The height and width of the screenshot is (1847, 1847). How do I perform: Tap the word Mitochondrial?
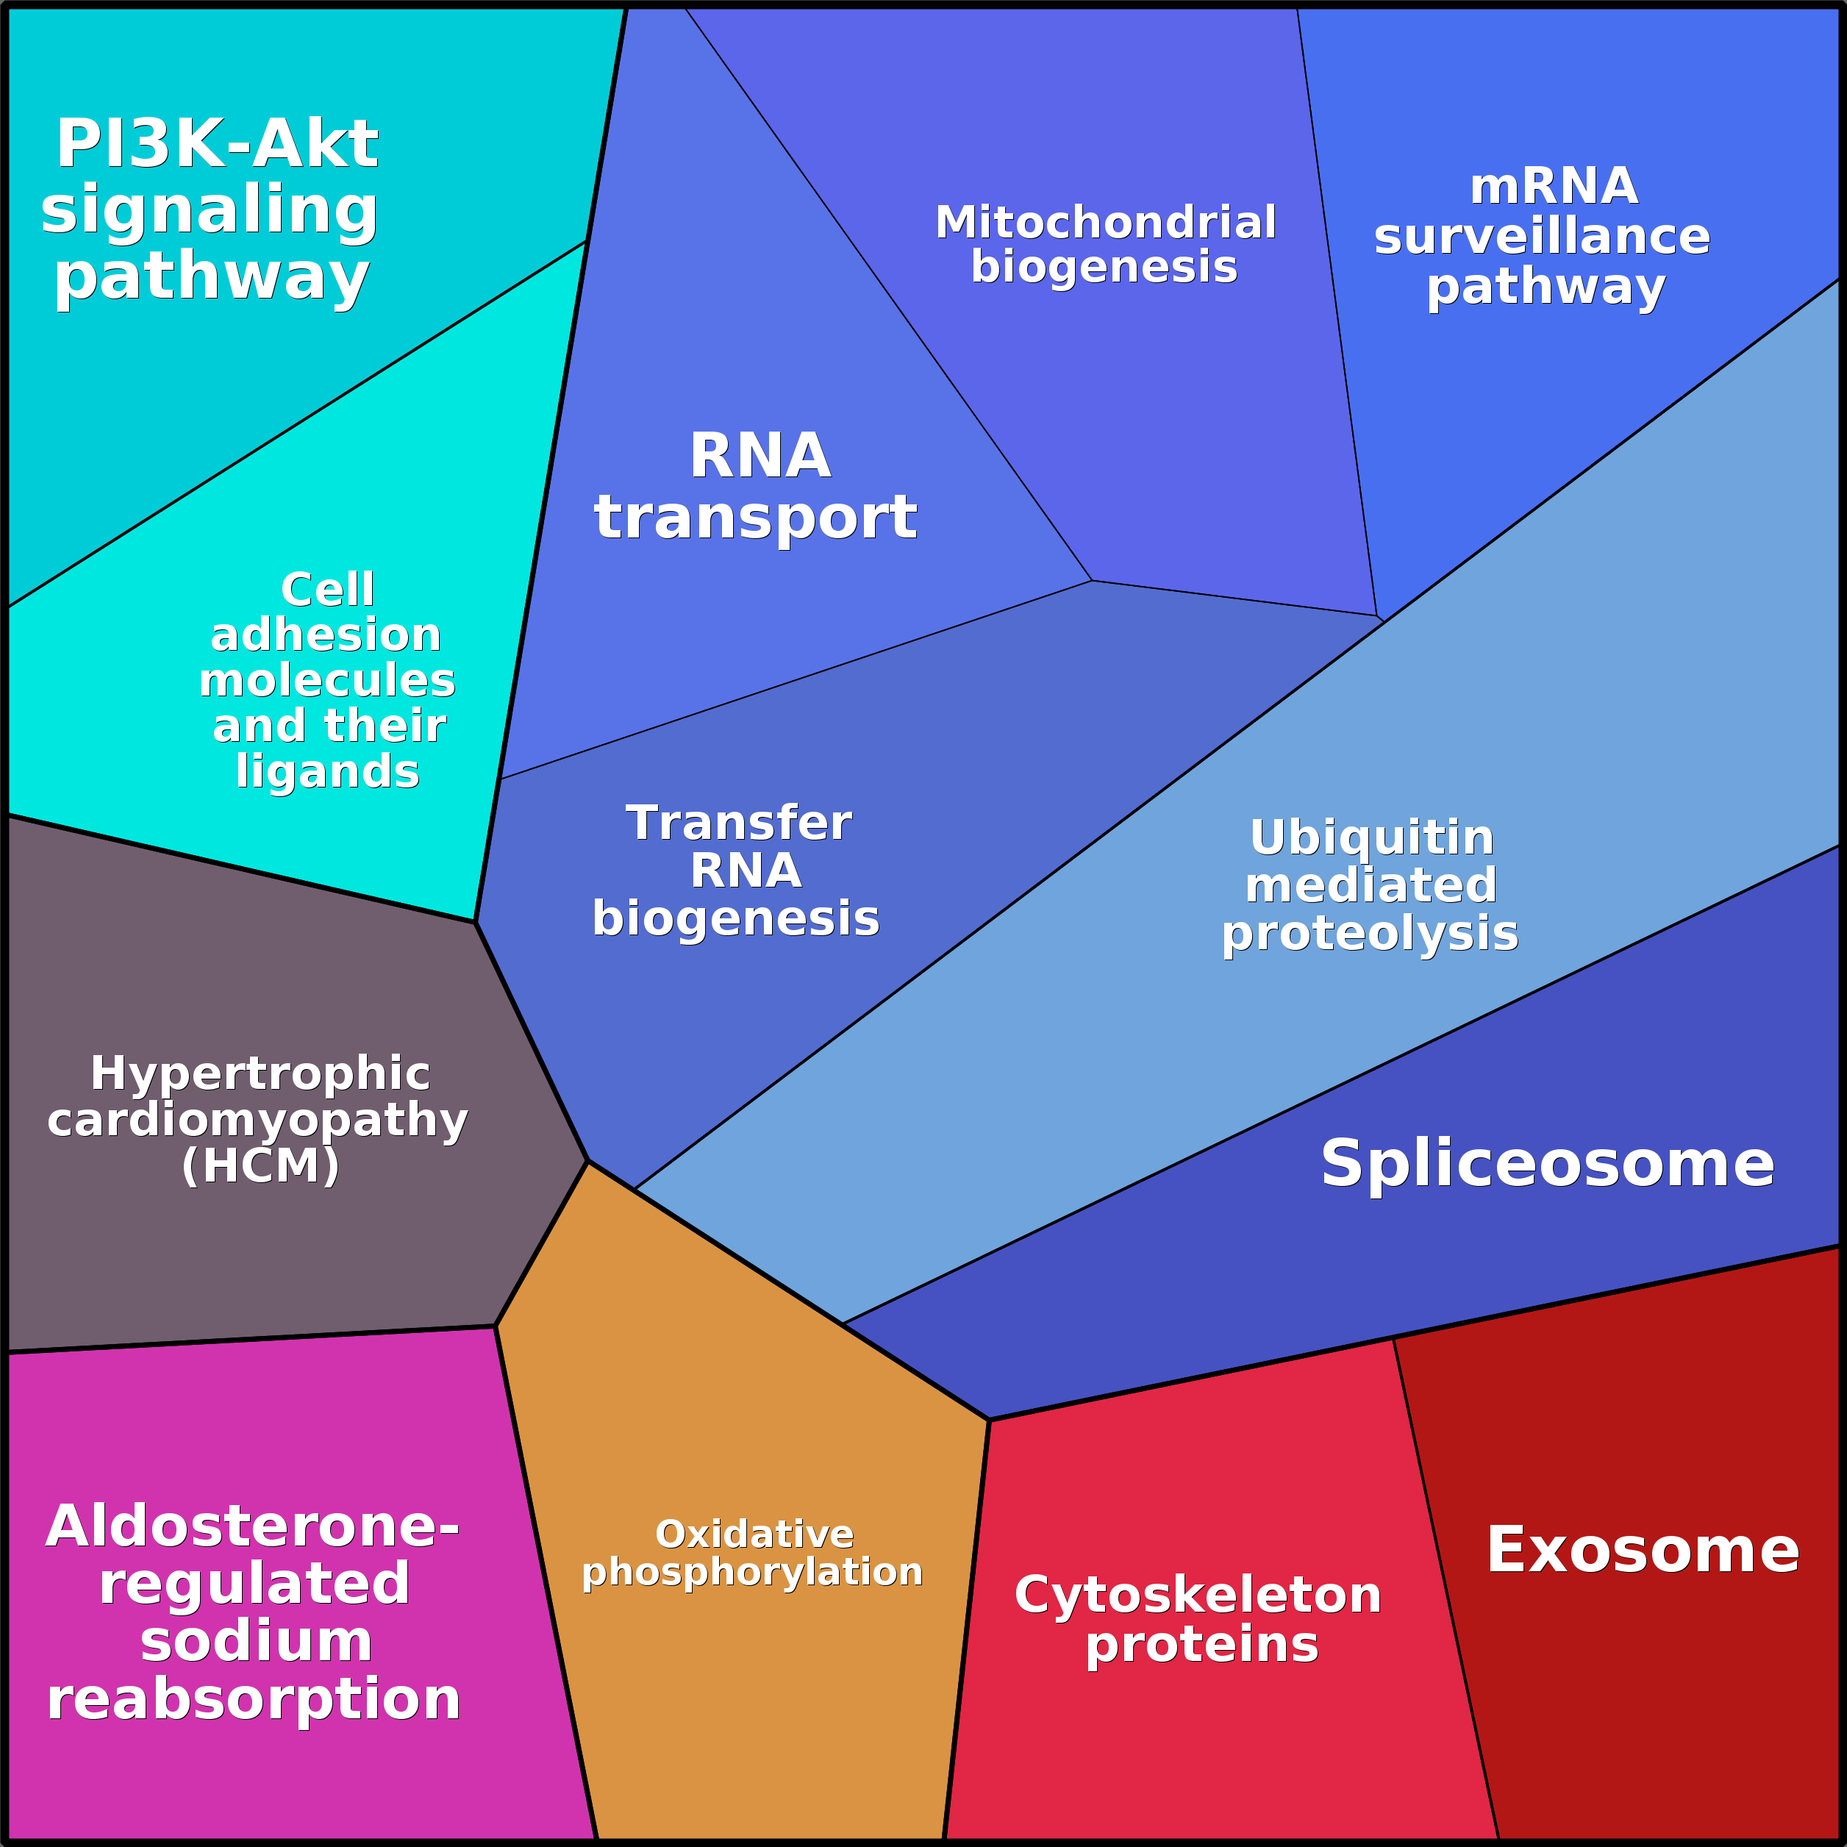coord(1105,223)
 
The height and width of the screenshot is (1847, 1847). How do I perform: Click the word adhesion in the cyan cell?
coord(326,635)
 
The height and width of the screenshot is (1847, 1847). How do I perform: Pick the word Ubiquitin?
coord(1371,837)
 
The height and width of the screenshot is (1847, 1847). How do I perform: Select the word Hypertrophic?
coord(260,1073)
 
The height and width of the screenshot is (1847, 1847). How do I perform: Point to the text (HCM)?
coord(260,1165)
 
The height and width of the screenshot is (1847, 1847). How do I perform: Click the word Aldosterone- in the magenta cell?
coord(252,1526)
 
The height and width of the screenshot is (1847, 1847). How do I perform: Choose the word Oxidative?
coord(754,1535)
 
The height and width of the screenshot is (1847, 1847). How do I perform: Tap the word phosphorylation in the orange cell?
coord(752,1572)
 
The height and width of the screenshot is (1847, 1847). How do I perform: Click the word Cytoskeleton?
coord(1198,1596)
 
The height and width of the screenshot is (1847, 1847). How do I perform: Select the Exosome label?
coord(1641,1550)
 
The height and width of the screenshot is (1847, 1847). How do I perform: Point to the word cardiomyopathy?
coord(257,1120)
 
